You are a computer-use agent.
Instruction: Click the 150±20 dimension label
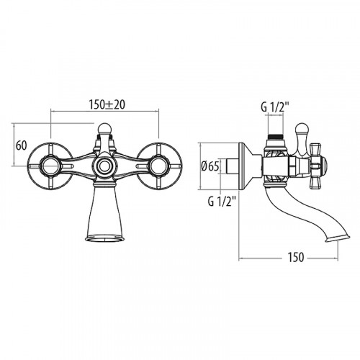point(107,105)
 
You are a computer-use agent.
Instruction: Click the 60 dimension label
point(21,145)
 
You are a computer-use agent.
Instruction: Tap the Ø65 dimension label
point(210,166)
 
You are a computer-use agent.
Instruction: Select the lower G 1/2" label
point(222,202)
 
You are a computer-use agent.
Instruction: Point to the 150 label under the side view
point(296,257)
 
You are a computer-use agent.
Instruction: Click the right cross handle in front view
point(159,166)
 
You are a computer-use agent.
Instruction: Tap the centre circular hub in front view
point(104,166)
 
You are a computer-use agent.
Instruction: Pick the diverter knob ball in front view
point(104,128)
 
